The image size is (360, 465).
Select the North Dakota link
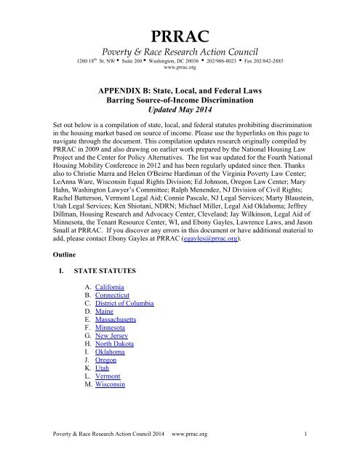pos(119,355)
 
